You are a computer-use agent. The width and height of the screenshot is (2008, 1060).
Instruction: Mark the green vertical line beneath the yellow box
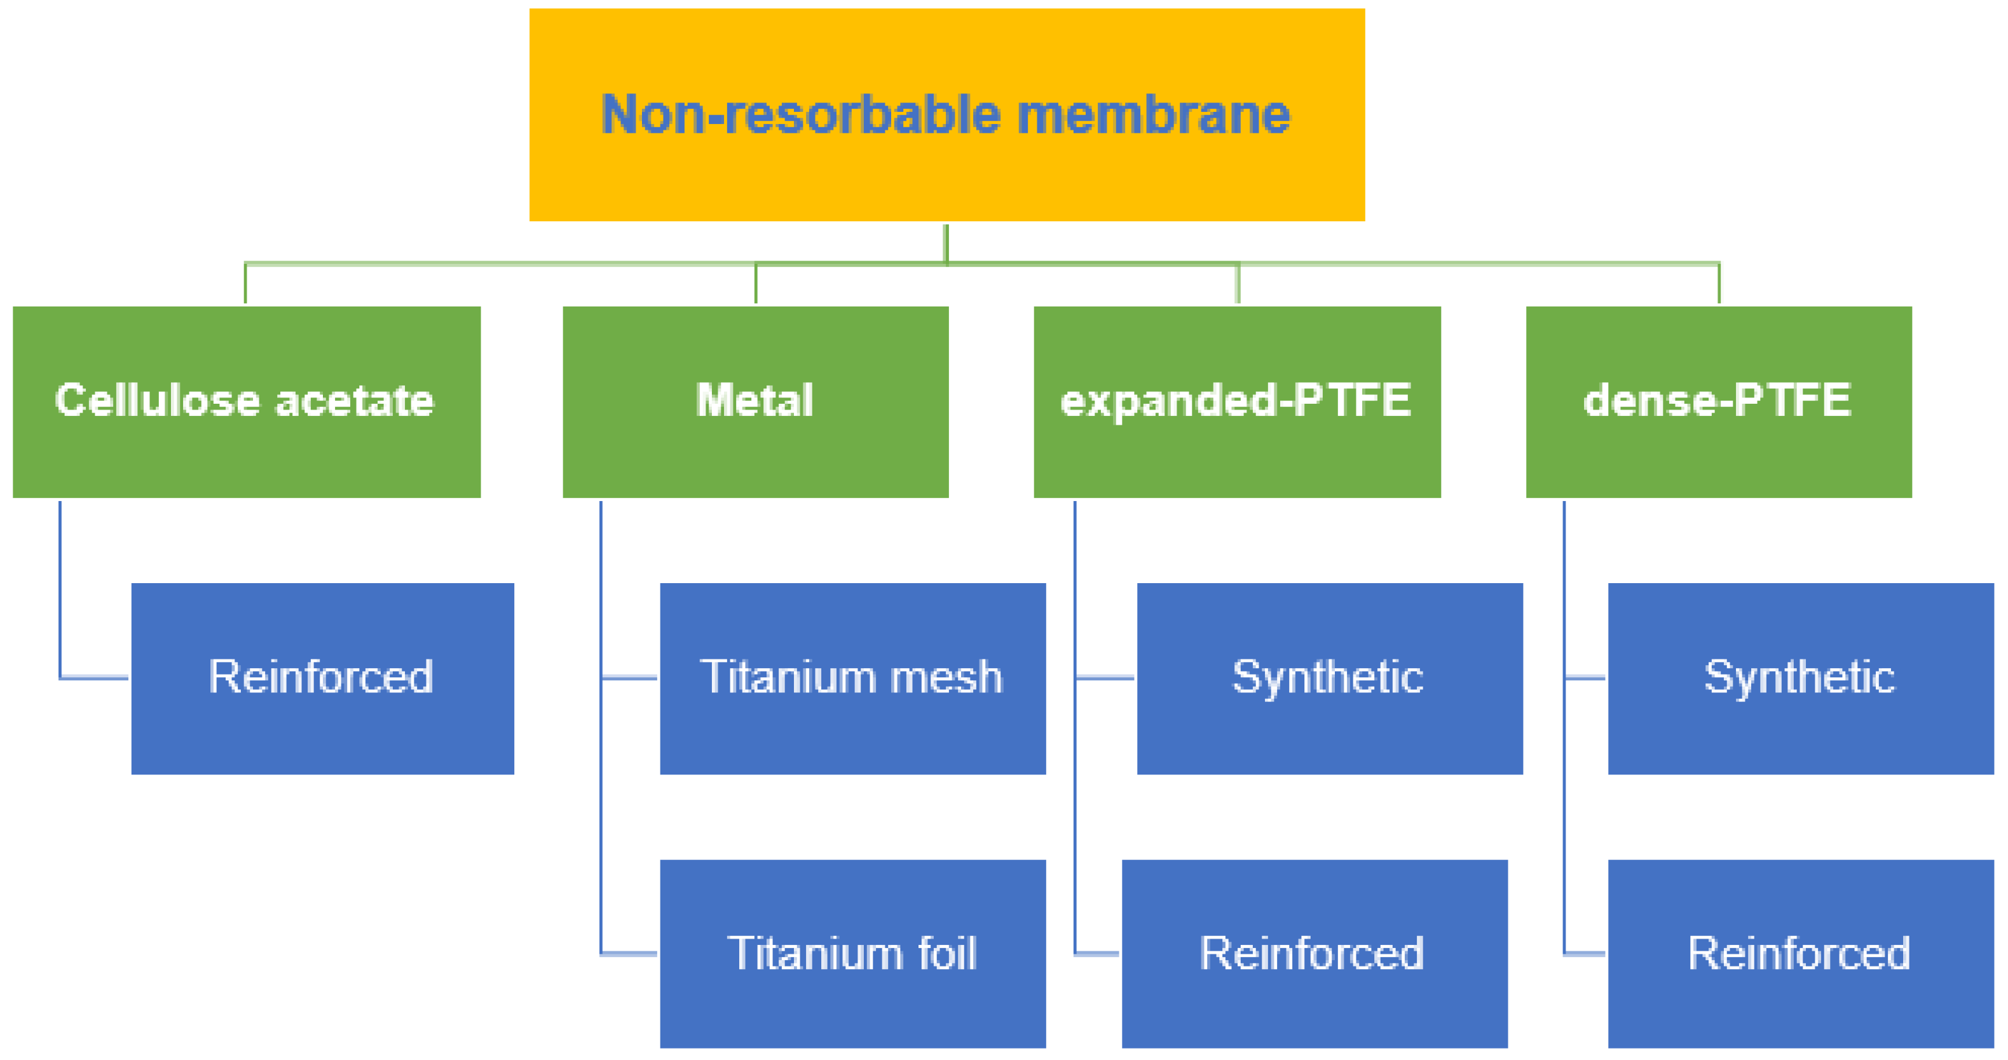pos(946,244)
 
